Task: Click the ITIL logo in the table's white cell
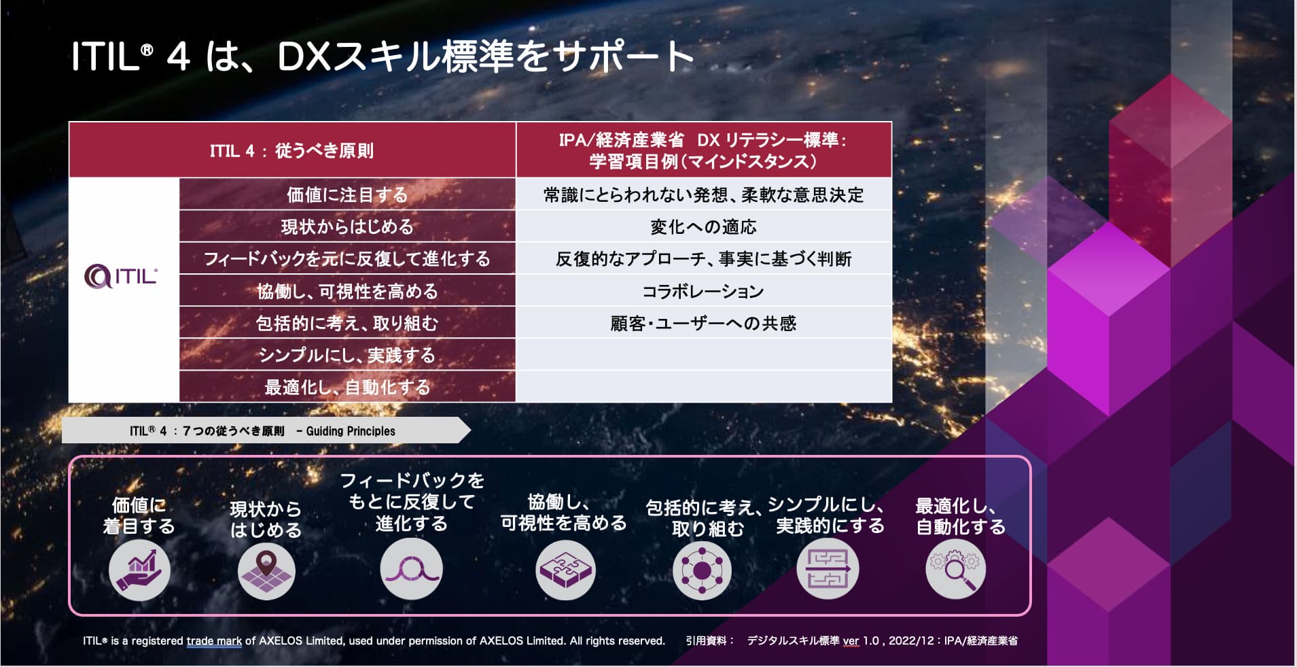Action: pos(121,277)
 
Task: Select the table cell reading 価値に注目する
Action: pos(347,194)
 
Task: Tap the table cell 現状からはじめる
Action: pos(347,226)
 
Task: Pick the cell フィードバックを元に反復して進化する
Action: pos(347,258)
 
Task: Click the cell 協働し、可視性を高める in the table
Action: pos(347,291)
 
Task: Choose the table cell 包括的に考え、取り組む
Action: pos(347,323)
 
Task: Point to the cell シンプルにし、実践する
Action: pos(347,355)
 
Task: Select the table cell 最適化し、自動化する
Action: pos(347,387)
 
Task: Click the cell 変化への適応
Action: pos(704,226)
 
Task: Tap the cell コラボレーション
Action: pos(704,291)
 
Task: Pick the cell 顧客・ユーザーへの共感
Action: pos(704,323)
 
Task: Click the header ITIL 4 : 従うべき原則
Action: pos(292,150)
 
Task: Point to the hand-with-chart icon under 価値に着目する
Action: pos(139,570)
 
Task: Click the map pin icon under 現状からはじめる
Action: pos(266,570)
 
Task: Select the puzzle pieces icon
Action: pos(565,570)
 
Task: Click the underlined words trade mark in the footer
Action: pos(214,640)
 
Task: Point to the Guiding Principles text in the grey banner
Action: pos(351,431)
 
